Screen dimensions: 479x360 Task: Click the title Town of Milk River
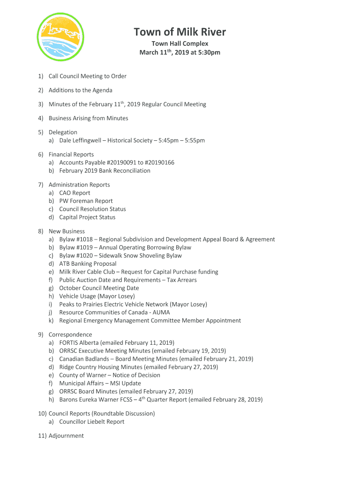point(180,32)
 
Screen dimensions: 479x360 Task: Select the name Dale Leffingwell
point(80,140)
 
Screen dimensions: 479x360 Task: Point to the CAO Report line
point(75,193)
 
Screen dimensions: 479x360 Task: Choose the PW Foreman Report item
point(86,201)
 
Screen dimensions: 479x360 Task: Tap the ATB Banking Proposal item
point(88,264)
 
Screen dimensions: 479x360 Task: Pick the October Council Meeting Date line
point(99,288)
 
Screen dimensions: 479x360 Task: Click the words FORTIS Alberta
point(79,343)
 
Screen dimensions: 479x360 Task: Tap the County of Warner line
point(109,375)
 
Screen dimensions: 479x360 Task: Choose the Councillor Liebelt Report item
point(92,422)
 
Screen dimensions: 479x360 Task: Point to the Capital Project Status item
point(87,217)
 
